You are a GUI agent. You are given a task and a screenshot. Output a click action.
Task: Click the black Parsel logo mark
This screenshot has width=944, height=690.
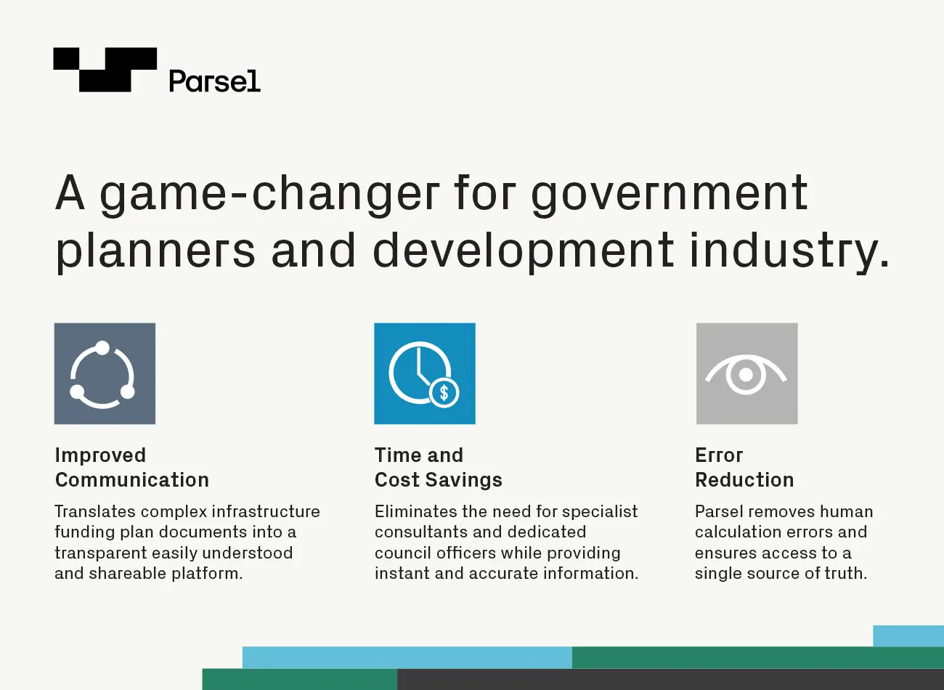point(105,70)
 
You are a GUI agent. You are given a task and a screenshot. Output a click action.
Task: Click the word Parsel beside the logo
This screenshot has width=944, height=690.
point(214,81)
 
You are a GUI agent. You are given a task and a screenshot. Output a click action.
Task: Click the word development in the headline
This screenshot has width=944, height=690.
point(523,251)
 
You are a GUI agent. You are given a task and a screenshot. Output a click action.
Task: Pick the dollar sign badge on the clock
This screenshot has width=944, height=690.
point(444,393)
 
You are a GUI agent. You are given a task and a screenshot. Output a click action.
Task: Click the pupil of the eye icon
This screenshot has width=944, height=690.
point(746,374)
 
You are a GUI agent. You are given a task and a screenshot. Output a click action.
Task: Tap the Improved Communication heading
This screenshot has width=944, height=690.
point(132,468)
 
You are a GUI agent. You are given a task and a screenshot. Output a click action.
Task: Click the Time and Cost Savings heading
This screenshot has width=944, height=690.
point(439,468)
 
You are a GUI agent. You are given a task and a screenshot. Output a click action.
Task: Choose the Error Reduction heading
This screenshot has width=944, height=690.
point(744,468)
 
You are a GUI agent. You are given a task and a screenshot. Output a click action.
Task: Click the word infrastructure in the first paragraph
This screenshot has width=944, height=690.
point(266,511)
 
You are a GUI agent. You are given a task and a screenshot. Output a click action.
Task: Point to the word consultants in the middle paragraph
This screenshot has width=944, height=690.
point(428,532)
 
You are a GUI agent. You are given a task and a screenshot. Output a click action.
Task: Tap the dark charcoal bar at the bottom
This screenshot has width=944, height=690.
point(670,679)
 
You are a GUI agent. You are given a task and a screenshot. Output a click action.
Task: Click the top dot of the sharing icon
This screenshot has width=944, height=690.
point(102,348)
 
